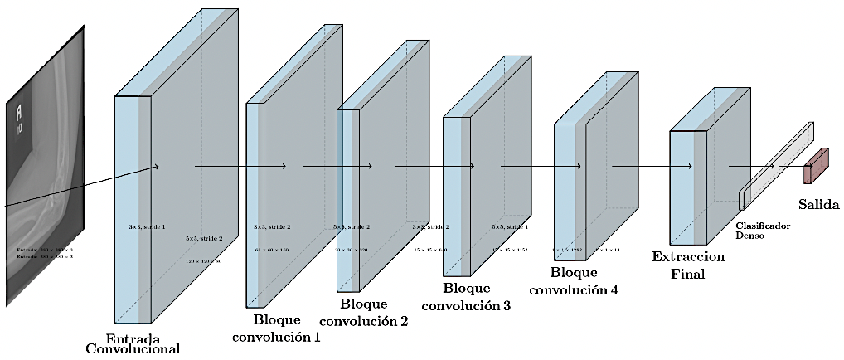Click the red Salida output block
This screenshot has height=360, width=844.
(816, 166)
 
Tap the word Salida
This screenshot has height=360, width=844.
(819, 203)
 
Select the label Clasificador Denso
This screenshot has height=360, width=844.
(762, 230)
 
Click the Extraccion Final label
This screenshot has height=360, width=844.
(688, 265)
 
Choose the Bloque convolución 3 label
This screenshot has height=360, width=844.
(466, 297)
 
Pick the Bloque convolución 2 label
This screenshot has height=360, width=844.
(363, 312)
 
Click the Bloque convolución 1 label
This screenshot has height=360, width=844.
(276, 328)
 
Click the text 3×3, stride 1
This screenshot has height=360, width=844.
(147, 226)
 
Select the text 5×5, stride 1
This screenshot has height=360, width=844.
(509, 226)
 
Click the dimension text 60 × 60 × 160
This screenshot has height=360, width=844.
(272, 249)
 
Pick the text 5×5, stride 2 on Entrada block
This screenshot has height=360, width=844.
(204, 239)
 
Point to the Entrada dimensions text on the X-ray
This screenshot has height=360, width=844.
(45, 252)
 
